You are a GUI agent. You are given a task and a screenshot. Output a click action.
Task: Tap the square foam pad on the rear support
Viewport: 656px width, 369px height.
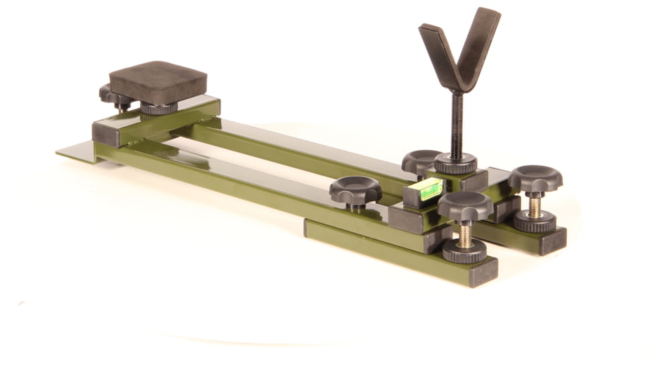pos(158,83)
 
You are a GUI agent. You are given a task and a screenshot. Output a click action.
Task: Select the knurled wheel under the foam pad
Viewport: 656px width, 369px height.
pos(159,107)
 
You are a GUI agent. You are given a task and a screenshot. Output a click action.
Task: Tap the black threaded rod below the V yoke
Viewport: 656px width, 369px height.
pos(457,125)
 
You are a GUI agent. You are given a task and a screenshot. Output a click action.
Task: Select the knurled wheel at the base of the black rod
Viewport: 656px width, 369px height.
pos(455,163)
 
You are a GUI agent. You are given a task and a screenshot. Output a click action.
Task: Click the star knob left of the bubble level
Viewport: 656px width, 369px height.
pos(355,191)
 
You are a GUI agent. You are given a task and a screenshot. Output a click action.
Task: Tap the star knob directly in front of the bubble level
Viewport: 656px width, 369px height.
pos(466,206)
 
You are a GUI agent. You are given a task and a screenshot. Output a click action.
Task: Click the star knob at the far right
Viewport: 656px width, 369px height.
pos(535,179)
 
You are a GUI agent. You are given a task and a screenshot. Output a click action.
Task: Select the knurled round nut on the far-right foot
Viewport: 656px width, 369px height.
pos(535,221)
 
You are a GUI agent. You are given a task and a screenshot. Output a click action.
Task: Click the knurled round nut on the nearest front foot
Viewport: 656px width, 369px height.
pos(464,251)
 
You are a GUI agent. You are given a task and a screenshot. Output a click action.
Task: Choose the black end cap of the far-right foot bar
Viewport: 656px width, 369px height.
pos(553,241)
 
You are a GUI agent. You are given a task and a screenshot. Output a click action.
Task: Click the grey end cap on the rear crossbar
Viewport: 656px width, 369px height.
pos(105,134)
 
